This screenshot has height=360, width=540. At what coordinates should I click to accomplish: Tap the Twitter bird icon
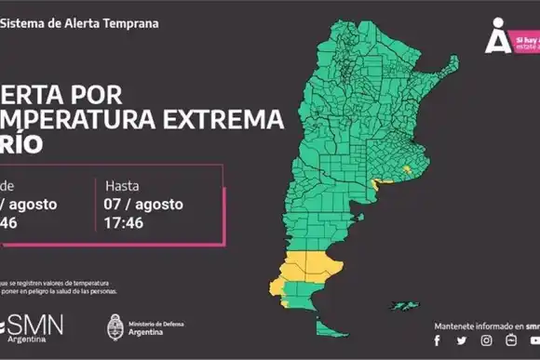pyautogui.click(x=461, y=341)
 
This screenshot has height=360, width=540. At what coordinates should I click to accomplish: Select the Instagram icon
pyautogui.click(x=486, y=341)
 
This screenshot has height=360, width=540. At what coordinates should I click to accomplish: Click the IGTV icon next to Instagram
pyautogui.click(x=510, y=341)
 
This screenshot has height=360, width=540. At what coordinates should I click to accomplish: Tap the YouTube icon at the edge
pyautogui.click(x=534, y=341)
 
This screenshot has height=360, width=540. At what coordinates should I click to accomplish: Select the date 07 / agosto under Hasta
pyautogui.click(x=144, y=204)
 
